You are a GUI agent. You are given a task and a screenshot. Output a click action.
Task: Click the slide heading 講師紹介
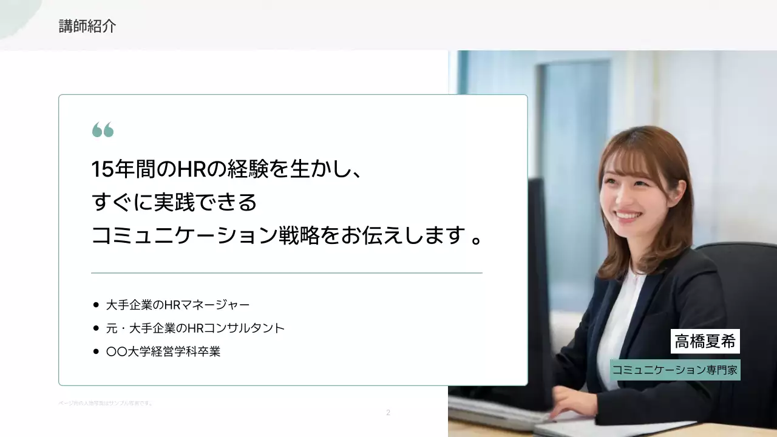(87, 26)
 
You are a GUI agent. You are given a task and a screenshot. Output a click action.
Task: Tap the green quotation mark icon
(103, 130)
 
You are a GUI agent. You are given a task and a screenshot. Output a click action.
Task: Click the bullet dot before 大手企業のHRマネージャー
(96, 305)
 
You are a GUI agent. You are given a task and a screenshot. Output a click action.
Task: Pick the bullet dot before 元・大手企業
(96, 328)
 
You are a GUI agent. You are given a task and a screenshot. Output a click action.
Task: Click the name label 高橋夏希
(705, 341)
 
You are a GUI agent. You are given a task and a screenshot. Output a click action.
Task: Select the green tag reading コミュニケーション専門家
(675, 370)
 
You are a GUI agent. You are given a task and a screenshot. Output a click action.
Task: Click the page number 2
(388, 413)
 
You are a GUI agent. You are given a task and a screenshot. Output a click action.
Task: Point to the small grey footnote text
(105, 403)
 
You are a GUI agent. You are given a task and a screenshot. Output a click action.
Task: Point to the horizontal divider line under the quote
(287, 273)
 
